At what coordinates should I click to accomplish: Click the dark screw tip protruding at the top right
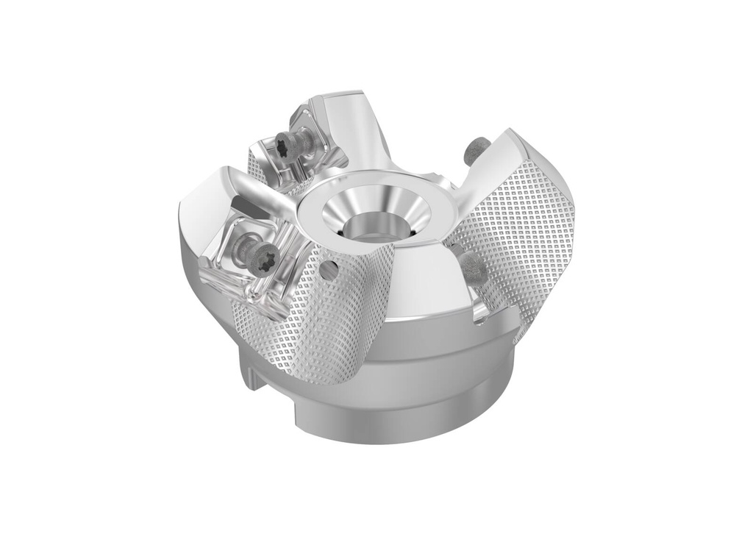pos(472,152)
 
